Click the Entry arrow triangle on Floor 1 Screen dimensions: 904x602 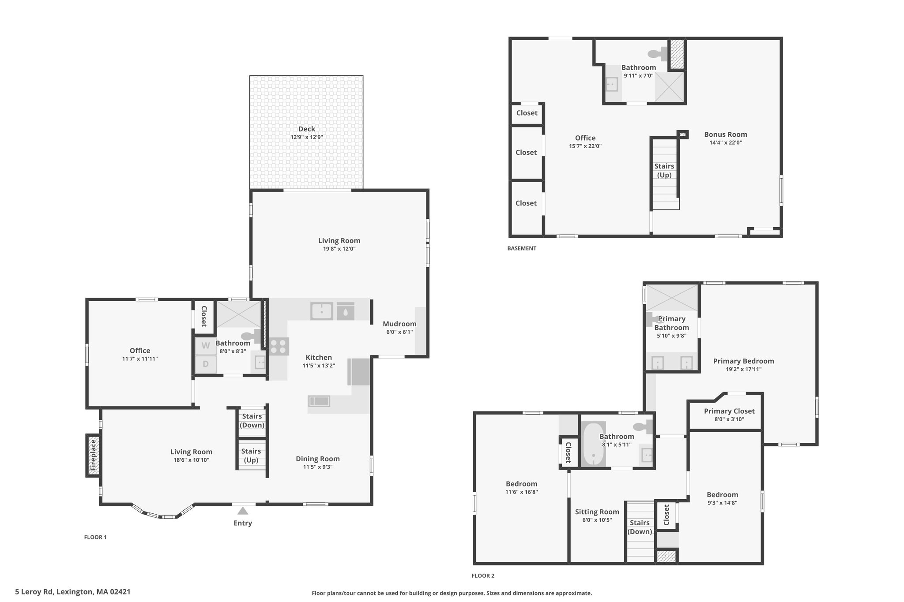coord(242,511)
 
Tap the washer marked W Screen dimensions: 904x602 coord(206,346)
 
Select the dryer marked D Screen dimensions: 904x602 coord(206,364)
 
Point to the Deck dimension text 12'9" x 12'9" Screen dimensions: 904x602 coord(306,137)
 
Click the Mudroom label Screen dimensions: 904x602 coord(399,324)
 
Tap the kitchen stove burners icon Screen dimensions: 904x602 coord(279,346)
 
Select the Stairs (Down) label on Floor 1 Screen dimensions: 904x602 coord(252,421)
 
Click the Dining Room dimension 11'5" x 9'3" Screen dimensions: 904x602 coord(317,467)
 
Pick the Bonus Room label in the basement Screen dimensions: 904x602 coord(725,135)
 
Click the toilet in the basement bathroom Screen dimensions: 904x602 coord(658,54)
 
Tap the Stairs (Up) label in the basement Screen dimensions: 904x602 coord(664,171)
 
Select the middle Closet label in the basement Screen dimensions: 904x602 coord(526,153)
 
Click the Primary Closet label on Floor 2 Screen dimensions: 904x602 coord(729,411)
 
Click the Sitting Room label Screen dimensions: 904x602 coord(597,512)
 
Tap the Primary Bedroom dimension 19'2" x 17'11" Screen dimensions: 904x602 coord(743,370)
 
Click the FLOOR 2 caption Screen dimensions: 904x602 coord(483,576)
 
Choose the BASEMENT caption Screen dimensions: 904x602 coord(522,248)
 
